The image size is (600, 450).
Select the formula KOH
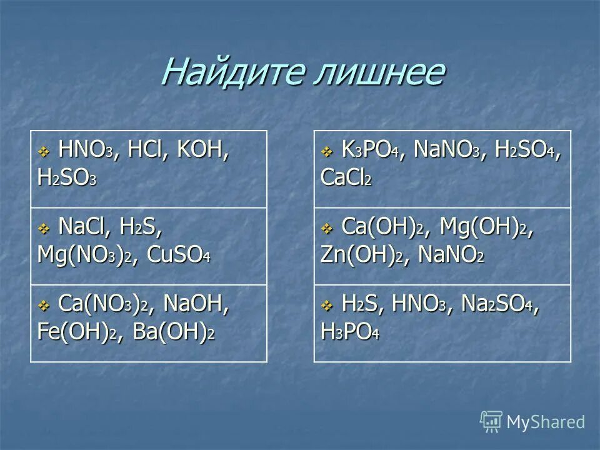(x=201, y=152)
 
